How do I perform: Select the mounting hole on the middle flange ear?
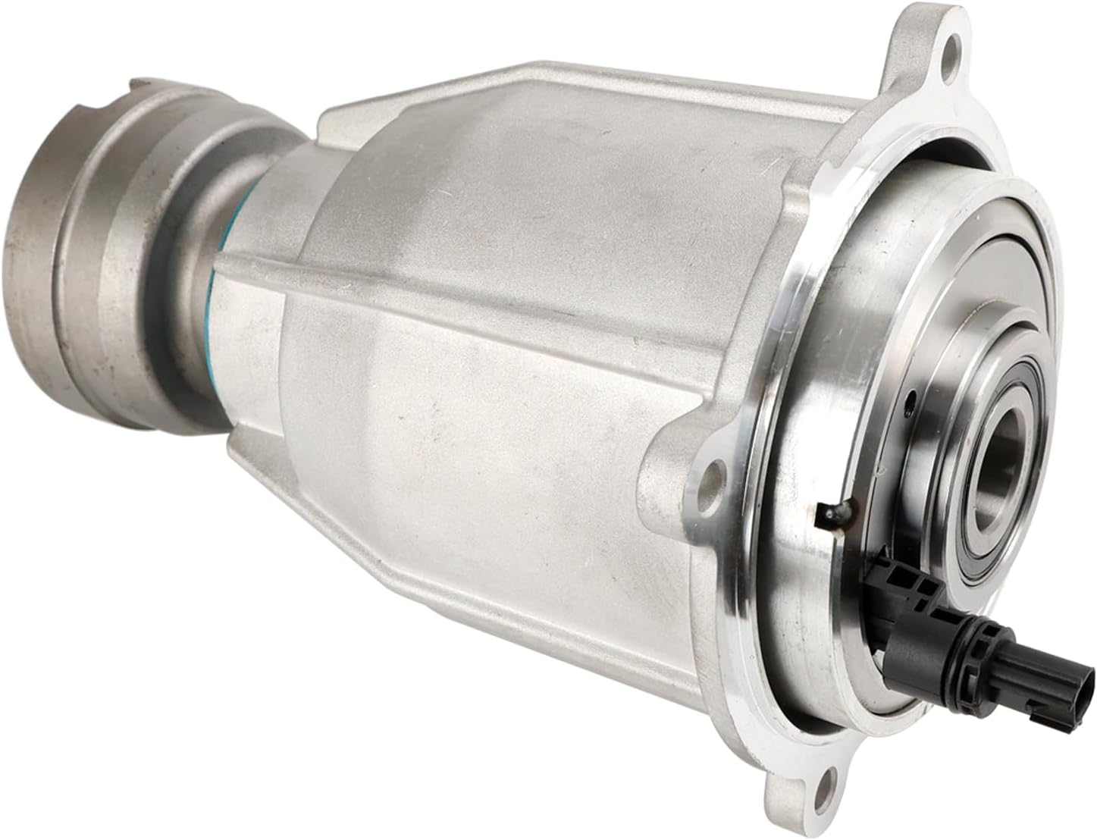710,477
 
